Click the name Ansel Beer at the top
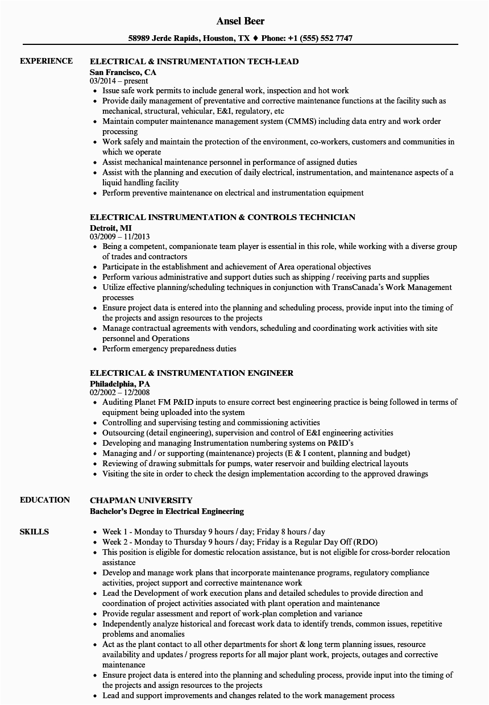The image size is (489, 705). pyautogui.click(x=241, y=21)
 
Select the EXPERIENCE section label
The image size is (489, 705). pyautogui.click(x=46, y=61)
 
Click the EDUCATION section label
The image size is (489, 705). pyautogui.click(x=45, y=500)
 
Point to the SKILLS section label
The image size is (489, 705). pyautogui.click(x=34, y=532)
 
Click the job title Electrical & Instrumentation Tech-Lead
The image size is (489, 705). pyautogui.click(x=194, y=61)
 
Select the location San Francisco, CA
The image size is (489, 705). pyautogui.click(x=123, y=72)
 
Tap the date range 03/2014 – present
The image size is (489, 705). pyautogui.click(x=119, y=81)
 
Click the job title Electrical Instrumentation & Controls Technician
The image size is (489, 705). pyautogui.click(x=222, y=217)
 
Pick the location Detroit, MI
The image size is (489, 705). pyautogui.click(x=110, y=227)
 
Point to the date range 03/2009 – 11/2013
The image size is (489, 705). pyautogui.click(x=120, y=237)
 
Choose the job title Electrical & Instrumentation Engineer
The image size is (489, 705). pyautogui.click(x=192, y=373)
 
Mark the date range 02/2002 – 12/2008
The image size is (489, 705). pyautogui.click(x=120, y=392)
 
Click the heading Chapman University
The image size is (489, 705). pyautogui.click(x=141, y=500)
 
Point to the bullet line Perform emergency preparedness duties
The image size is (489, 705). pyautogui.click(x=169, y=349)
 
